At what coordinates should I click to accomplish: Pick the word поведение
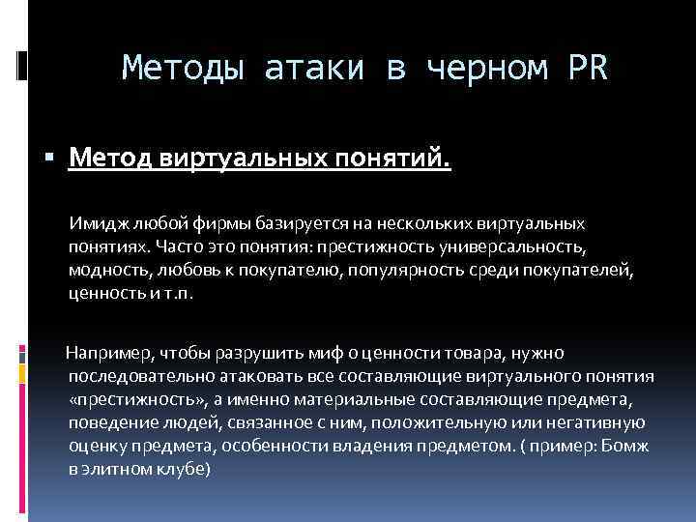click(x=108, y=422)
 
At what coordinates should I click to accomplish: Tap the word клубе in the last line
click(x=184, y=469)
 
